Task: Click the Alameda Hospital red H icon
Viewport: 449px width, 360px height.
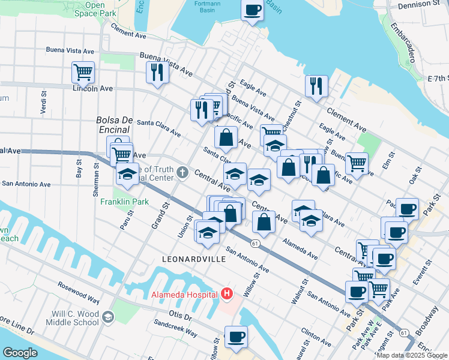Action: click(227, 294)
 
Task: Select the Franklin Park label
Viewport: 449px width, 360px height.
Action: click(124, 202)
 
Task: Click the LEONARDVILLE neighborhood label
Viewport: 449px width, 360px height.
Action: click(194, 259)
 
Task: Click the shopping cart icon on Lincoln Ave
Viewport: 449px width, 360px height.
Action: click(83, 72)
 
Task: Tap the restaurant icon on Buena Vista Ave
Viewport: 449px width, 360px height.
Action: click(157, 72)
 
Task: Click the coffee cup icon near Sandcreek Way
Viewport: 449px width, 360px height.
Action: click(236, 337)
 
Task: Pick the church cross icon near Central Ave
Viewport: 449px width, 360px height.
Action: click(183, 173)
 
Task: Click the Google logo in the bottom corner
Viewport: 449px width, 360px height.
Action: click(20, 353)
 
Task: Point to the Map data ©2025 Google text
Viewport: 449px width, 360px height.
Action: click(412, 355)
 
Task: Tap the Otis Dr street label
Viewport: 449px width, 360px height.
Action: click(179, 316)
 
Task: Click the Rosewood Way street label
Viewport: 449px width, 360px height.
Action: click(78, 292)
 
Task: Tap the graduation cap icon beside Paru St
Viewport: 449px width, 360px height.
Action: click(127, 173)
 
